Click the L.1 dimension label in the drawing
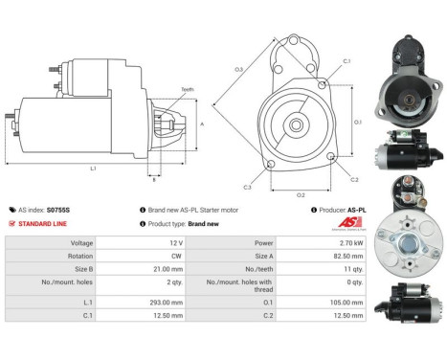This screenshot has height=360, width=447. click(x=94, y=169)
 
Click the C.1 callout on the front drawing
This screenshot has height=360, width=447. click(x=346, y=61)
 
